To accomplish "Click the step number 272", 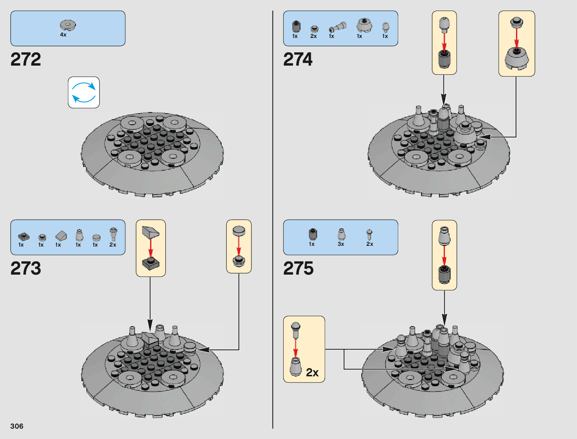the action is click(26, 59).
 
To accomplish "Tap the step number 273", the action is click(26, 268).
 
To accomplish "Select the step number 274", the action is click(298, 59).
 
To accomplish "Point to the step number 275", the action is click(298, 268).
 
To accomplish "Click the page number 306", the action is click(17, 426).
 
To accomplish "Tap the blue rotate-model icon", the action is click(84, 93).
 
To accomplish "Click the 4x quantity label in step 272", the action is click(63, 35).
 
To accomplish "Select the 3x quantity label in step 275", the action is click(341, 244).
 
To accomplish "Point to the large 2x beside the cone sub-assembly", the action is click(312, 373).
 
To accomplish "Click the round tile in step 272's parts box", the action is click(68, 25).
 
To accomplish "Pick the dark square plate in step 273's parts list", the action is click(24, 236).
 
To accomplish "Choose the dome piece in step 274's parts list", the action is click(364, 25).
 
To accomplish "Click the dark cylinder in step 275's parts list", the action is click(313, 234).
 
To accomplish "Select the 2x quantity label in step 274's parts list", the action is click(313, 36).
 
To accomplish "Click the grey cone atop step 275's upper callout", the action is click(444, 236).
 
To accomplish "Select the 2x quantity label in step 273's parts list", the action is click(113, 245).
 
